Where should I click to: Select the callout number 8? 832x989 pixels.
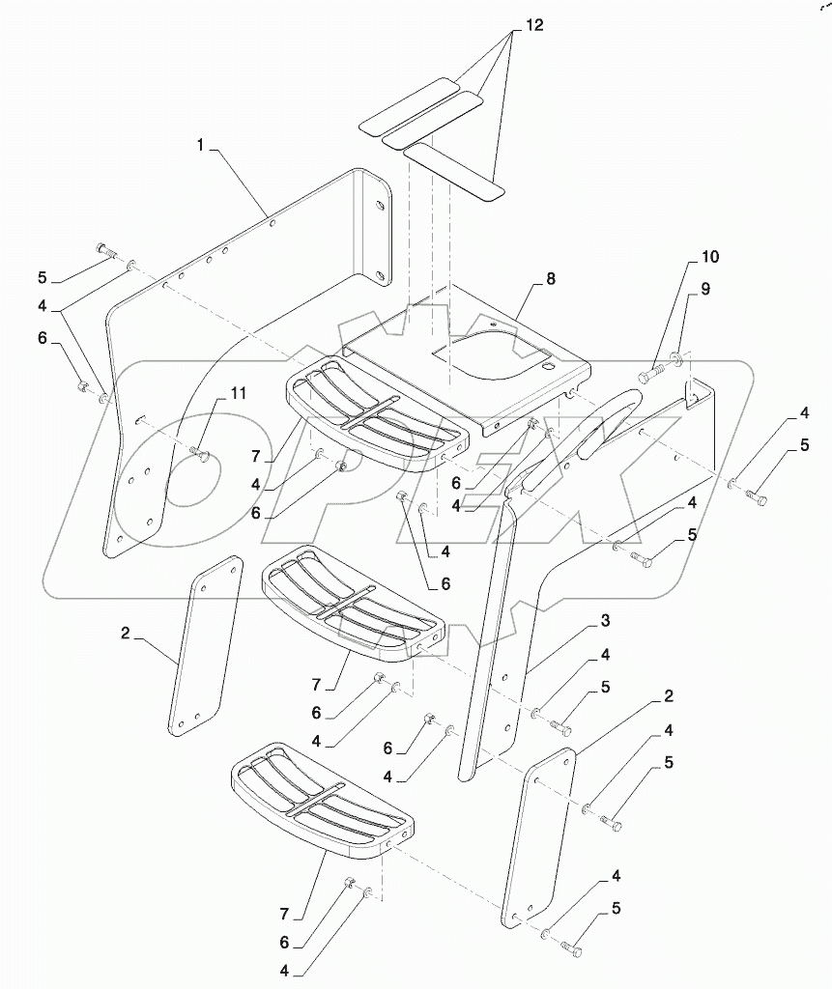point(550,279)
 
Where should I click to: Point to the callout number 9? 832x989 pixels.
point(704,289)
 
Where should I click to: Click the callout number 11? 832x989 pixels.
point(238,393)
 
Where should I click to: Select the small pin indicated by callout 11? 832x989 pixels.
point(202,452)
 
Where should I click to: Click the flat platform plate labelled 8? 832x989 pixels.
point(464,353)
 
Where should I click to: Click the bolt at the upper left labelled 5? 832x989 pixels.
point(107,252)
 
